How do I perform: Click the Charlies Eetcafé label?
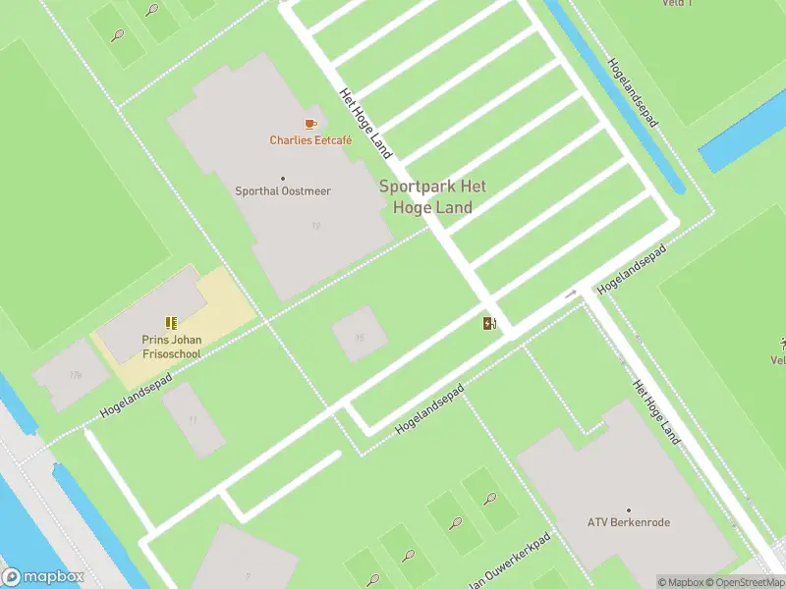pyautogui.click(x=310, y=140)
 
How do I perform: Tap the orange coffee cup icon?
pyautogui.click(x=310, y=124)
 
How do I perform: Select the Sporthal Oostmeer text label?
pyautogui.click(x=282, y=191)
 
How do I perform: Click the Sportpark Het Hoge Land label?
pyautogui.click(x=432, y=196)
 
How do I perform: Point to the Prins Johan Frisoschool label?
pyautogui.click(x=171, y=348)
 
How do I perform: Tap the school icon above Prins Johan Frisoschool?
pyautogui.click(x=172, y=322)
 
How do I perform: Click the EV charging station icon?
pyautogui.click(x=489, y=323)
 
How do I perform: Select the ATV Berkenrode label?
pyautogui.click(x=628, y=522)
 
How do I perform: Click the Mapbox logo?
pyautogui.click(x=41, y=576)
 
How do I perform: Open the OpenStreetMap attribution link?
pyautogui.click(x=749, y=582)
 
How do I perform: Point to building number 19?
pyautogui.click(x=315, y=227)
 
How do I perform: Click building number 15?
pyautogui.click(x=360, y=338)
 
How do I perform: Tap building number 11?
pyautogui.click(x=193, y=420)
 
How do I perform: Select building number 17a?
pyautogui.click(x=75, y=375)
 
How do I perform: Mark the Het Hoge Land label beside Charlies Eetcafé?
pyautogui.click(x=365, y=124)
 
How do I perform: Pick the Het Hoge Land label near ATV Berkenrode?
pyautogui.click(x=656, y=412)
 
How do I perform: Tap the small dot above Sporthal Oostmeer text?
pyautogui.click(x=283, y=179)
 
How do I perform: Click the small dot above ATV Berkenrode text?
pyautogui.click(x=628, y=509)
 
